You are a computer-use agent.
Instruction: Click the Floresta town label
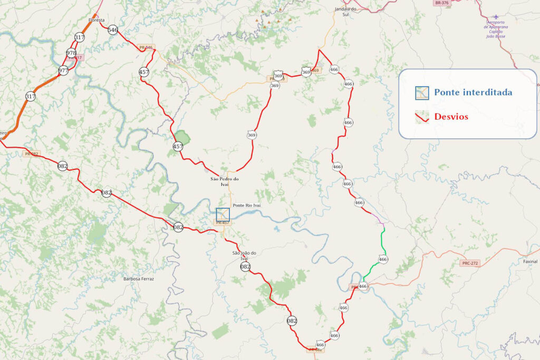pos(97,20)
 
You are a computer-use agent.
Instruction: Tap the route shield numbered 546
pos(112,30)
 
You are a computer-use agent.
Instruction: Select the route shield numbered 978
pos(71,53)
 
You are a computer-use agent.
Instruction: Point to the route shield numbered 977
pos(63,70)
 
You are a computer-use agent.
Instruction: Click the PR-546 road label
pos(146,48)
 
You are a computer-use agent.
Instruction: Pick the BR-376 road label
pos(441,3)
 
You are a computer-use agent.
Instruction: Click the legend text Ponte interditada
pos(473,93)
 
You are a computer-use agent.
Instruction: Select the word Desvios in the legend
pos(451,116)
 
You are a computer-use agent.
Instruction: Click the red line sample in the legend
pos(421,116)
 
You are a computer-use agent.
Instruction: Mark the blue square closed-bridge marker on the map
pos(223,215)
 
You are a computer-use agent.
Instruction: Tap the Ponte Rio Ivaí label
pos(247,205)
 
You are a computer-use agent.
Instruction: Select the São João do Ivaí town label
pos(244,256)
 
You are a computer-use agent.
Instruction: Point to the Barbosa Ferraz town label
pos(139,278)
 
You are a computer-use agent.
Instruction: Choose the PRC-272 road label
pos(470,262)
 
